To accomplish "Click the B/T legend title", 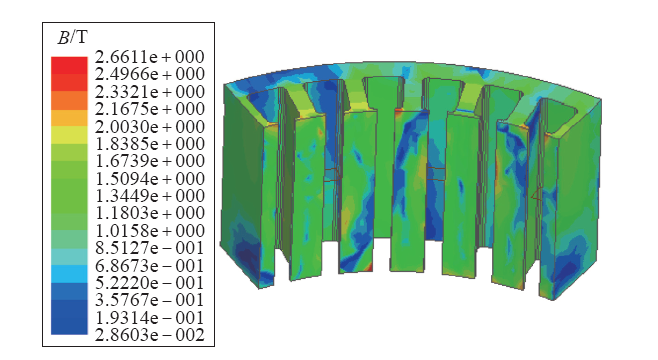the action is click(73, 38).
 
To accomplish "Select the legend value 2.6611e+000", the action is click(150, 57).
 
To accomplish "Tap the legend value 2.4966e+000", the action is click(150, 74).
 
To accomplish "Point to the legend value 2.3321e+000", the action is click(150, 91).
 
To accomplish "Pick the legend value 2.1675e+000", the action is click(150, 109).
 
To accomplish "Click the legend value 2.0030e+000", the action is click(150, 126).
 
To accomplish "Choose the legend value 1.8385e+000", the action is click(150, 143).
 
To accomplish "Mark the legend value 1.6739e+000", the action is click(150, 161).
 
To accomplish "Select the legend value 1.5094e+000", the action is click(150, 178).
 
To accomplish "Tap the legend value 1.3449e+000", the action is click(150, 196).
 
